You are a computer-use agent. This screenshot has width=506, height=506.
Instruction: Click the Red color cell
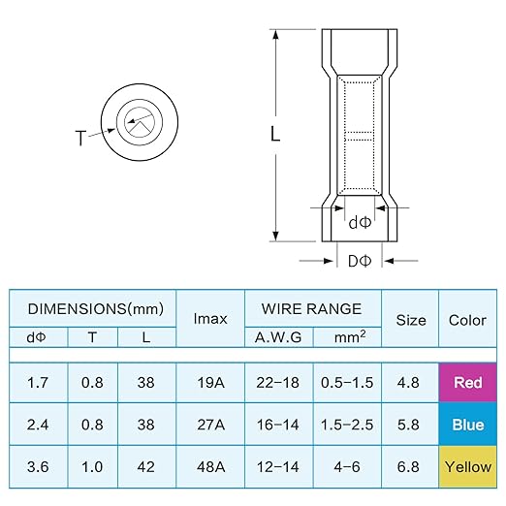(467, 382)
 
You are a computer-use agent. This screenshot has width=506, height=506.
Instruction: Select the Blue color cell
(467, 425)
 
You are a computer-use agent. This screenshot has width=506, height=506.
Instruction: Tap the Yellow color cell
(467, 466)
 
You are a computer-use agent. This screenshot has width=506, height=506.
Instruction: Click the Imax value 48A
(210, 467)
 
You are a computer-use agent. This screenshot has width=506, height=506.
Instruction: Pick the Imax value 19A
(210, 383)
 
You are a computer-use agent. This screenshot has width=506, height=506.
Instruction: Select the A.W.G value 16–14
(278, 425)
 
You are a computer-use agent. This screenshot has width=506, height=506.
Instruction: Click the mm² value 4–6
(347, 467)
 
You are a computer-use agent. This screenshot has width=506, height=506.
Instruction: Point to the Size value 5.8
(408, 425)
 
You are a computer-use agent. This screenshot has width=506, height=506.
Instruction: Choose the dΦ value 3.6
(38, 467)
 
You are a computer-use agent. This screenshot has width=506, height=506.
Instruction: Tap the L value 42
(145, 467)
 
